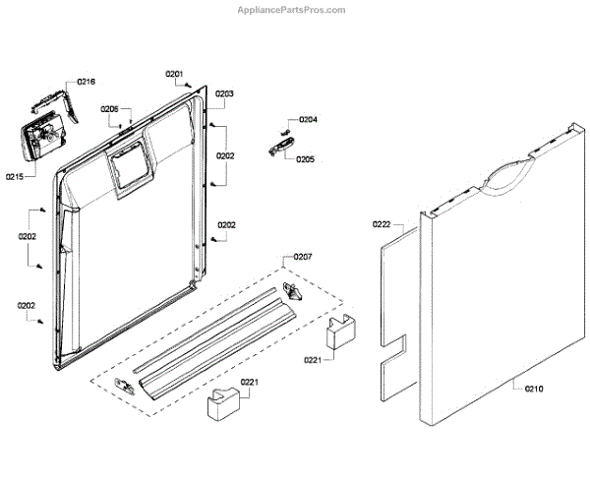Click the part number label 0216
pyautogui.click(x=86, y=83)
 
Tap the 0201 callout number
pyautogui.click(x=174, y=74)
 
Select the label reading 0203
pyautogui.click(x=225, y=93)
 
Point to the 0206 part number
pyautogui.click(x=109, y=109)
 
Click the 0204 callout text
pyautogui.click(x=308, y=120)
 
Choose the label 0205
pyautogui.click(x=305, y=158)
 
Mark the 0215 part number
pyautogui.click(x=14, y=177)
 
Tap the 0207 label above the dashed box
pyautogui.click(x=304, y=257)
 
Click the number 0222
pyautogui.click(x=382, y=225)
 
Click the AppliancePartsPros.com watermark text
pyautogui.click(x=293, y=9)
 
